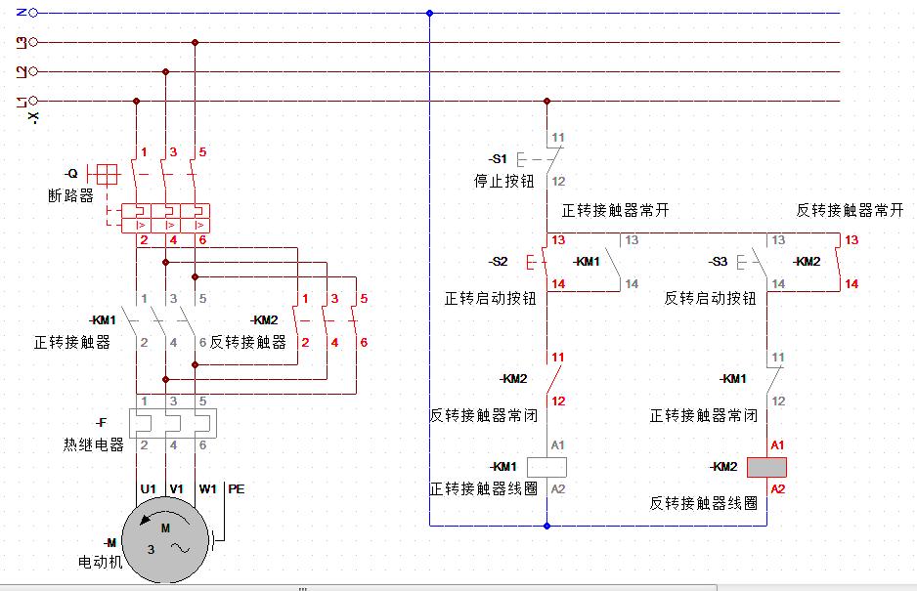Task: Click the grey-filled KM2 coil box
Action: coord(766,467)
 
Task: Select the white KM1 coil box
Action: coord(546,467)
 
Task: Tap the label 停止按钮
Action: coord(504,181)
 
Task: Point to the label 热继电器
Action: coord(94,444)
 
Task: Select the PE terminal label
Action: coord(236,488)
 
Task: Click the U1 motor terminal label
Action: coord(149,488)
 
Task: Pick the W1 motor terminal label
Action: coord(207,488)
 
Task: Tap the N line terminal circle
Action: coord(34,14)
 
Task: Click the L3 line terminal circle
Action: coord(34,42)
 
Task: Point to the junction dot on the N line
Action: coord(429,14)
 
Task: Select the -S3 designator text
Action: coord(718,262)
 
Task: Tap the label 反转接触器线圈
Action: coord(704,503)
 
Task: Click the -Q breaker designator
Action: coord(70,173)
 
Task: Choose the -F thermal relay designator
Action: coord(101,423)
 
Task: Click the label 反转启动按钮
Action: coord(711,298)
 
